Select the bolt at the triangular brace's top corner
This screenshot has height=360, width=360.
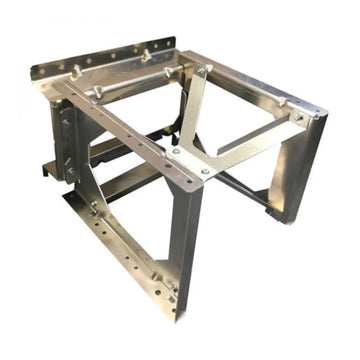[x=201, y=72]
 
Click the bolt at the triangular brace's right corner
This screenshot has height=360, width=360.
[x=297, y=117]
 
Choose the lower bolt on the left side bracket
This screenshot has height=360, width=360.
[x=71, y=171]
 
